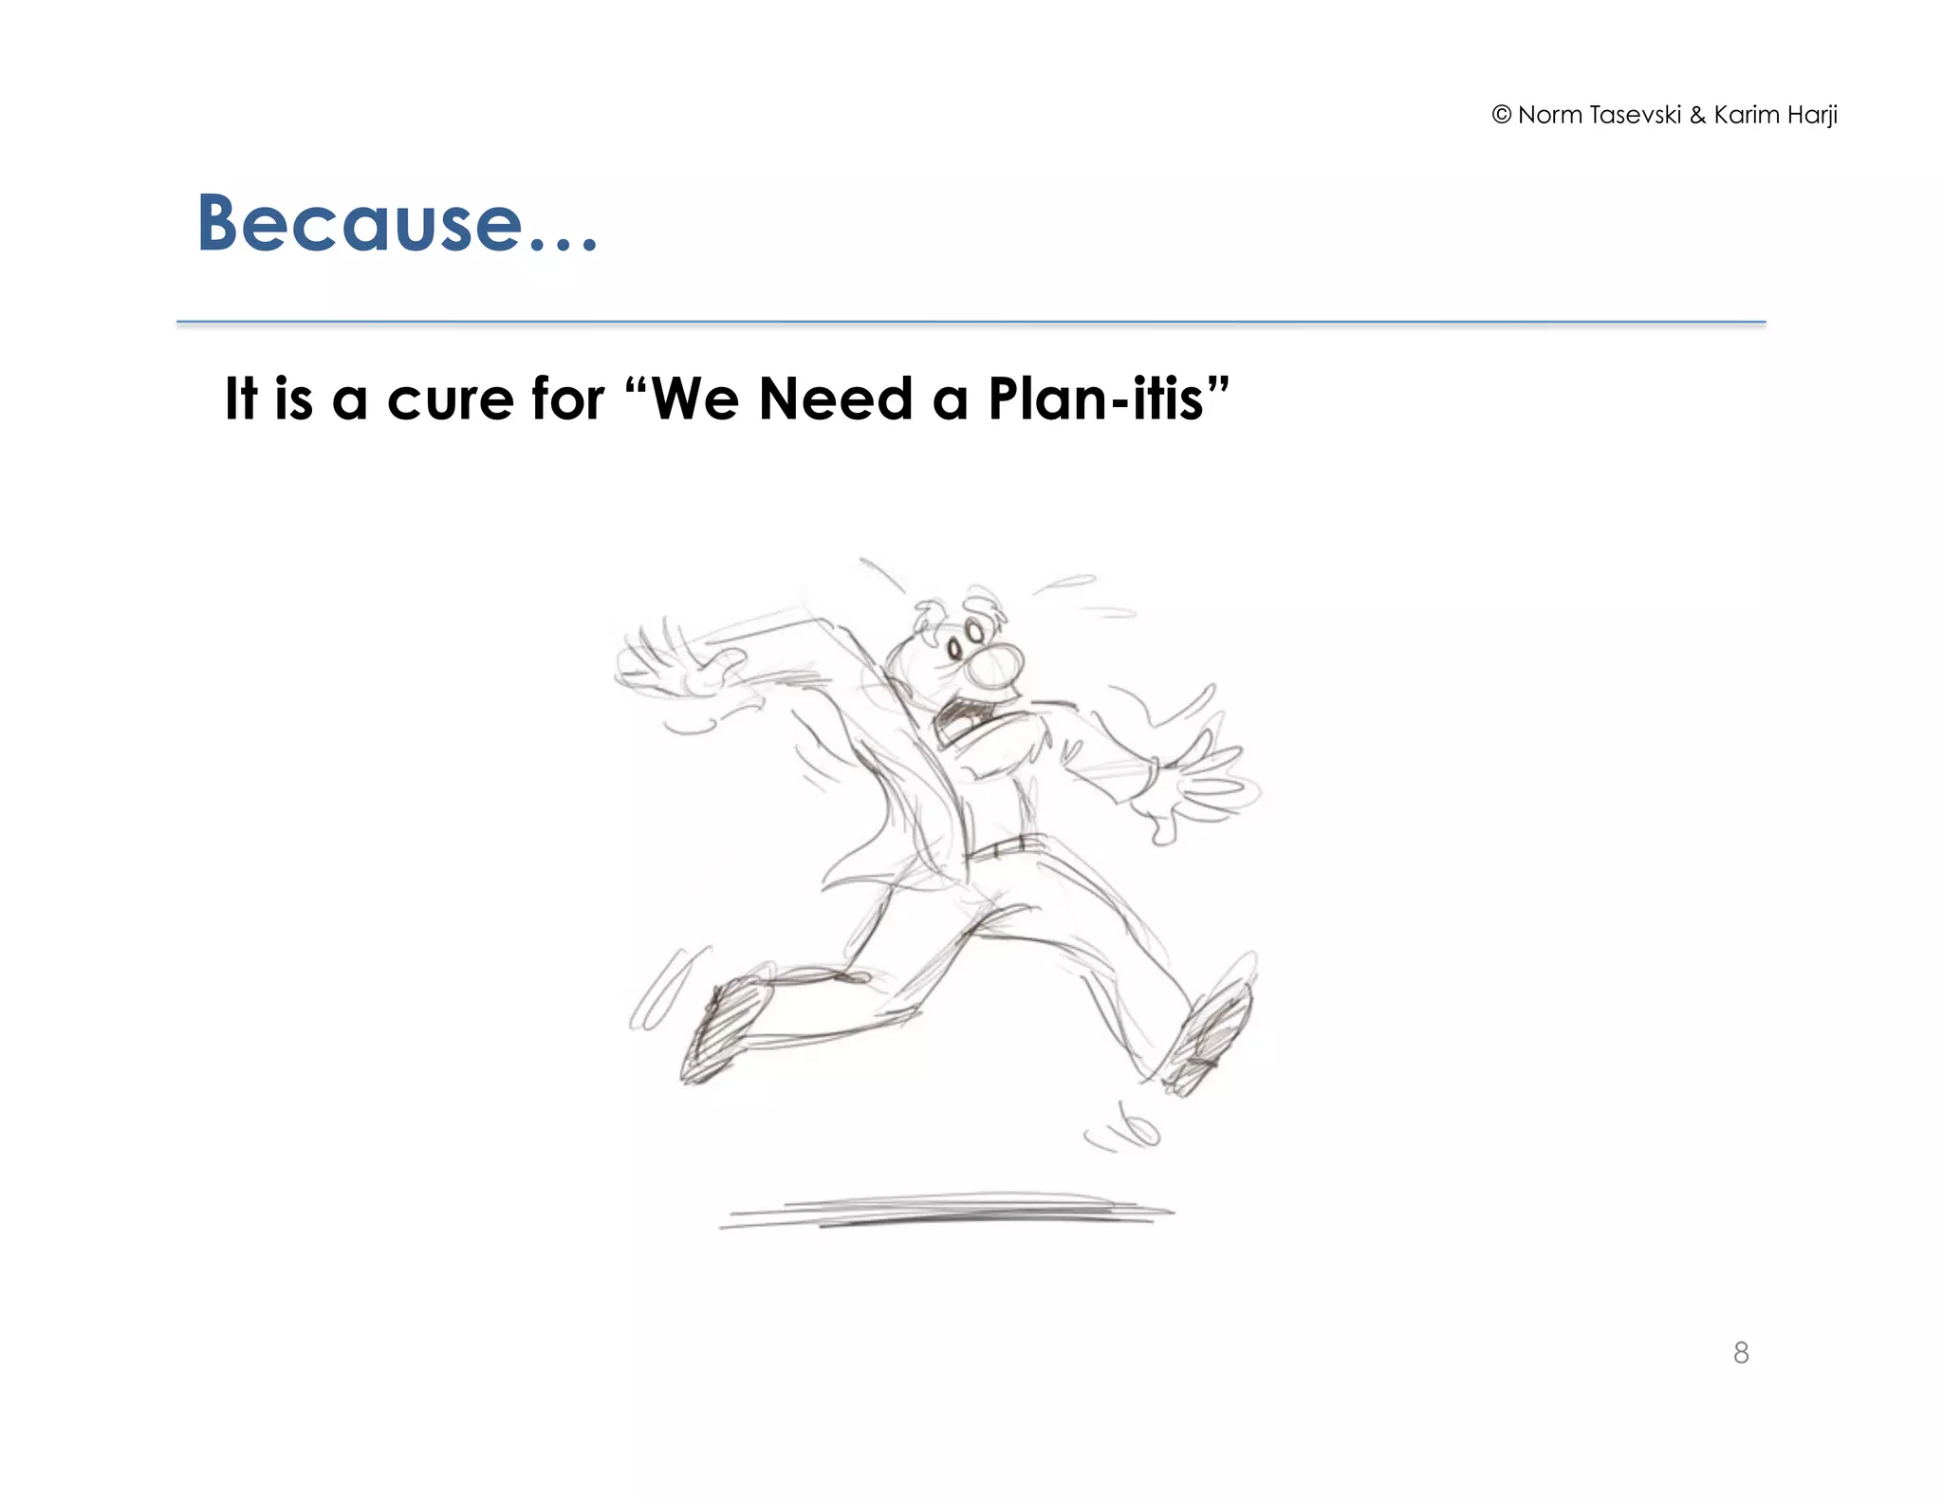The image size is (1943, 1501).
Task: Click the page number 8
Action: pos(1740,1352)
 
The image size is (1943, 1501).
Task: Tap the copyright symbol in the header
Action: pos(1501,115)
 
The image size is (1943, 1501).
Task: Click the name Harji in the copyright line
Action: pos(1812,116)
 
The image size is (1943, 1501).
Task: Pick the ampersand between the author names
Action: pos(1697,116)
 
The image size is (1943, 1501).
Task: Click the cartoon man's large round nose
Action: pos(995,665)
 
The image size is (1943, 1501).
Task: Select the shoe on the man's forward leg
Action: pos(1211,1039)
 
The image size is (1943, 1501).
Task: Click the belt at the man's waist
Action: pos(1006,846)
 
